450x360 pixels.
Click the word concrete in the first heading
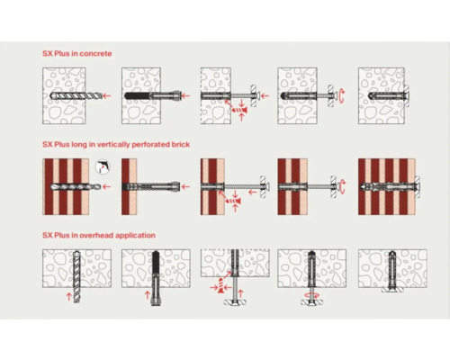pos(95,54)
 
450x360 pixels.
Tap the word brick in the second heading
pos(181,144)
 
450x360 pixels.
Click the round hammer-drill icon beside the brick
pos(103,166)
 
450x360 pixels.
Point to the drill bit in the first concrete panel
pos(76,95)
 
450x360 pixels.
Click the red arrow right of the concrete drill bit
pos(107,95)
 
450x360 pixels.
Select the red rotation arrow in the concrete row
pos(341,96)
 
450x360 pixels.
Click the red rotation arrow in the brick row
pos(342,186)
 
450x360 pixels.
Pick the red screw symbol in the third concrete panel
pos(239,110)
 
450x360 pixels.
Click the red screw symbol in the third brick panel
pos(232,201)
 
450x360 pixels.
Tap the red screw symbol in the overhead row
pos(221,285)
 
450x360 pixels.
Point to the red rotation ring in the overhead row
pos(312,295)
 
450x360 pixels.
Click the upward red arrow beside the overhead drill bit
pos(68,296)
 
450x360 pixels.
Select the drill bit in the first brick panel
pos(76,186)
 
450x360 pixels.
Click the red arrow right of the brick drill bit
pos(106,186)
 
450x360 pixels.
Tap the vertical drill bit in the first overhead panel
pos(76,276)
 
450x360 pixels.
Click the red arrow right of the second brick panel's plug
pos(185,186)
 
